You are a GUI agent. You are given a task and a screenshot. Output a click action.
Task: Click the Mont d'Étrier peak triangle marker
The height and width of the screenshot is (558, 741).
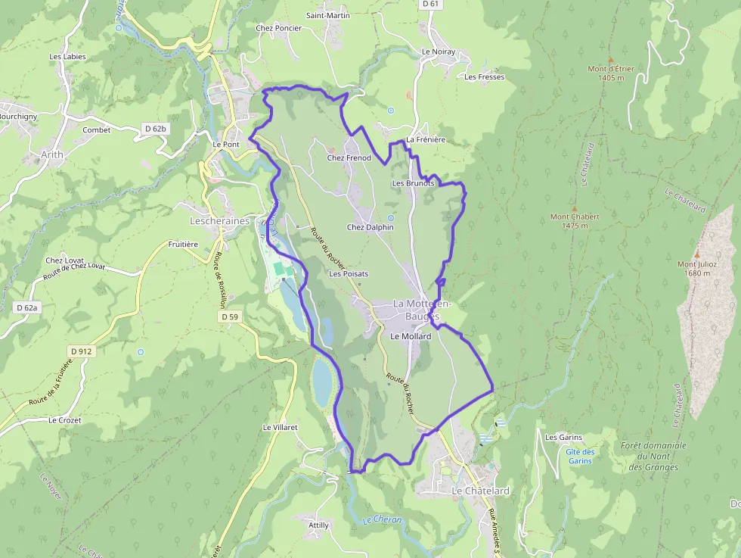tap(610, 59)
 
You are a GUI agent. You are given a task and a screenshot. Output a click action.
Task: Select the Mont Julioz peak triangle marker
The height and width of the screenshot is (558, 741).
tap(697, 254)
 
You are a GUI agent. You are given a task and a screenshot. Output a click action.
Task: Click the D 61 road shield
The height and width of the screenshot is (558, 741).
tap(430, 4)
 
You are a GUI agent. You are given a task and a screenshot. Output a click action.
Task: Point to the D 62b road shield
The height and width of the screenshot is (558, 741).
tap(155, 129)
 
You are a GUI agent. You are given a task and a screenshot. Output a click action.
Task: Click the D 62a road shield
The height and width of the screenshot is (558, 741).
tap(26, 307)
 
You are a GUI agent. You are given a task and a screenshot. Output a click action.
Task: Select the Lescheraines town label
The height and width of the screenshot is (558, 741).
tap(219, 221)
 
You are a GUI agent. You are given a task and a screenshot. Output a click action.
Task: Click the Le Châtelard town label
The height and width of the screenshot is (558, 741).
tap(480, 491)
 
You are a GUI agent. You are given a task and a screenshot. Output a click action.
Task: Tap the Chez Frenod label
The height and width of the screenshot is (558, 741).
tap(349, 158)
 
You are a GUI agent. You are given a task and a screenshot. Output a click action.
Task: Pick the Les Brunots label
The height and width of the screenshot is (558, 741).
tap(413, 183)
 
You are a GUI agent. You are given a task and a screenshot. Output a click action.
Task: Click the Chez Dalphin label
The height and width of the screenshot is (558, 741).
tap(370, 227)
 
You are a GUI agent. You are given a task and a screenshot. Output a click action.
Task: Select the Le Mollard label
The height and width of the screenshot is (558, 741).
tap(411, 336)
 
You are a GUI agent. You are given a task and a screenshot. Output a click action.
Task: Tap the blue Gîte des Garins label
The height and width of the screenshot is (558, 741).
tap(580, 456)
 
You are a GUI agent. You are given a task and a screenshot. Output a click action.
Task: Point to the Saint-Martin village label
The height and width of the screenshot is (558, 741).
tap(327, 15)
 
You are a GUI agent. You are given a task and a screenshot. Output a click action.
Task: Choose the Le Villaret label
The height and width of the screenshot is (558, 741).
tap(280, 427)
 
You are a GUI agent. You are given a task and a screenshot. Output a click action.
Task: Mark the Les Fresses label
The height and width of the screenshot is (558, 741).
tap(485, 77)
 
